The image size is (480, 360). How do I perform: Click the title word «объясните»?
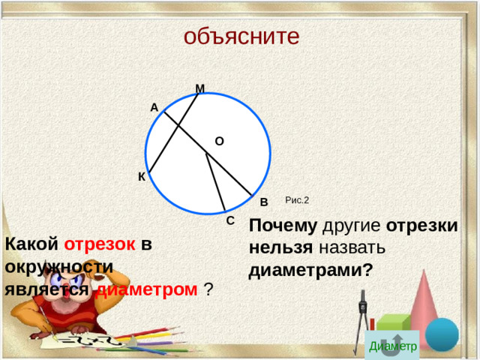pyautogui.click(x=241, y=36)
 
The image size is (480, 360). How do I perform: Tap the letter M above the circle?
pyautogui.click(x=199, y=89)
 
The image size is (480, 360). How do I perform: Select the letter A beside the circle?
pyautogui.click(x=154, y=108)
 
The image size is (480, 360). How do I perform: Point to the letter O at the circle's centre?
pyautogui.click(x=219, y=140)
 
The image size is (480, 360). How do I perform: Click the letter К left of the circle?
pyautogui.click(x=141, y=177)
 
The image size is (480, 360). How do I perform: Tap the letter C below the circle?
pyautogui.click(x=230, y=220)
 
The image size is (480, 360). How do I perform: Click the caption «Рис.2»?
pyautogui.click(x=297, y=200)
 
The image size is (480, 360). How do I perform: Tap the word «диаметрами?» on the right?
pyautogui.click(x=310, y=270)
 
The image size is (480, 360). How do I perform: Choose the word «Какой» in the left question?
pyautogui.click(x=31, y=244)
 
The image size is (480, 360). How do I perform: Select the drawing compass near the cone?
pyautogui.click(x=364, y=319)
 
